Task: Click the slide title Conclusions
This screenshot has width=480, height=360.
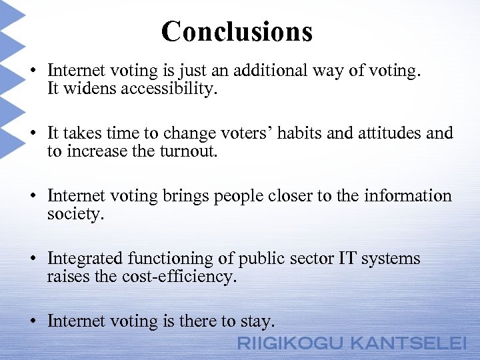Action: (237, 31)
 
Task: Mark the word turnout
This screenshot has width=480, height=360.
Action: (189, 151)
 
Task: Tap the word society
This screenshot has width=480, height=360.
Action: (75, 214)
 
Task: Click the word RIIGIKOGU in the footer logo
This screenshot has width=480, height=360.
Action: (291, 343)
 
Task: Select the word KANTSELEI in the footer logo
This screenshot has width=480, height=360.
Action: (408, 343)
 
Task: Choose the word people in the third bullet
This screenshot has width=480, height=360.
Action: (239, 196)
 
